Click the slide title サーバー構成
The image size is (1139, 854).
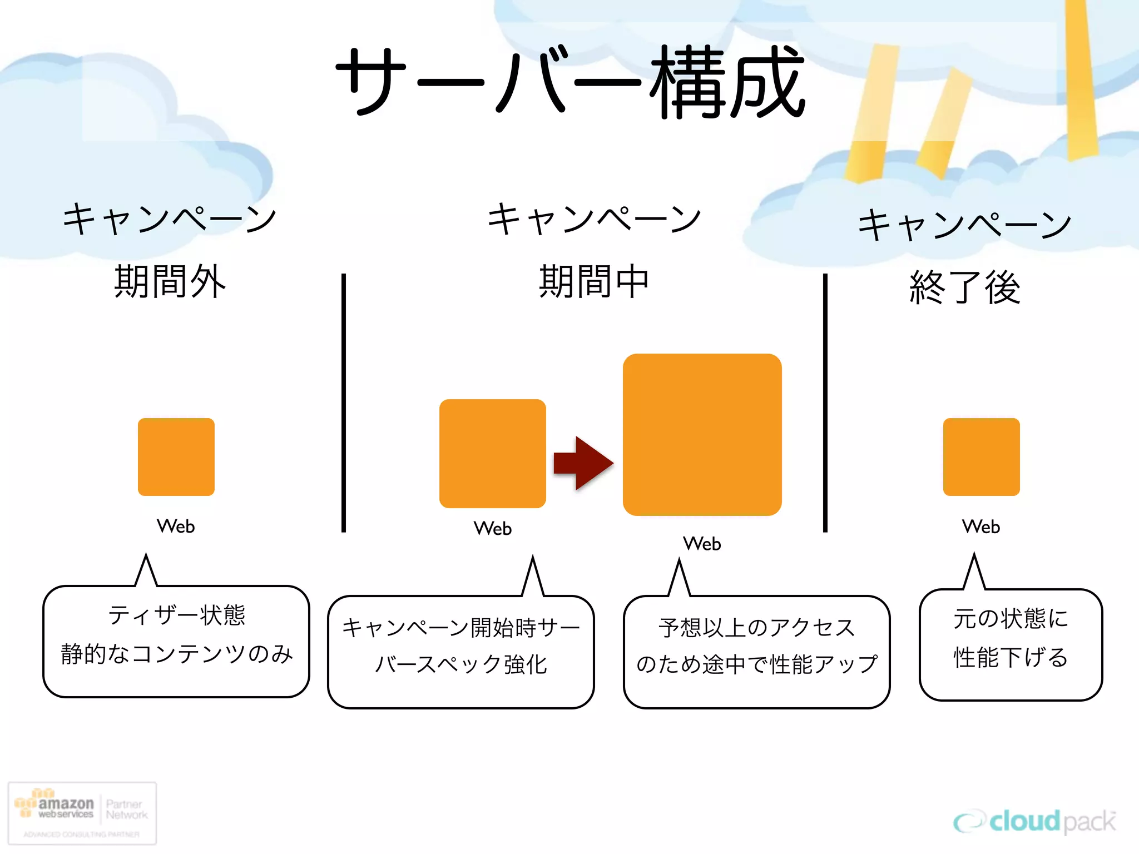[x=570, y=82]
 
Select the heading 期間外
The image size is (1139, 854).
[x=170, y=281]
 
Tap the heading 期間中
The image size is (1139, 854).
[x=594, y=281]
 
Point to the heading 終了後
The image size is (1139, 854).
[x=965, y=287]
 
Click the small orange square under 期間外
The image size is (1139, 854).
[x=176, y=456]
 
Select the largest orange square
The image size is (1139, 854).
[x=702, y=434]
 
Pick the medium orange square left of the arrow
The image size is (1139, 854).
[x=492, y=453]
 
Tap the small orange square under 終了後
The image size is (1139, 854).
[x=981, y=456]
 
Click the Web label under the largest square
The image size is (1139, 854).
[x=702, y=543]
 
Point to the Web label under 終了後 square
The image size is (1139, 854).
[x=981, y=527]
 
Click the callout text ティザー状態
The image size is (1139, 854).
[x=176, y=615]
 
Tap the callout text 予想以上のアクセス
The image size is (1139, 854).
[x=756, y=627]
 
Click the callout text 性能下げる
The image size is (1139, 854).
[x=1011, y=657]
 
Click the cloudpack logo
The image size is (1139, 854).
[x=1034, y=821]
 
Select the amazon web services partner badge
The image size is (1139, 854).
[x=82, y=813]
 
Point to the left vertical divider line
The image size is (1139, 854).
[x=344, y=403]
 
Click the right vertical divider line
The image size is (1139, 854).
[x=825, y=403]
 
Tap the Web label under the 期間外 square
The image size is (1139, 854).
[x=176, y=526]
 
